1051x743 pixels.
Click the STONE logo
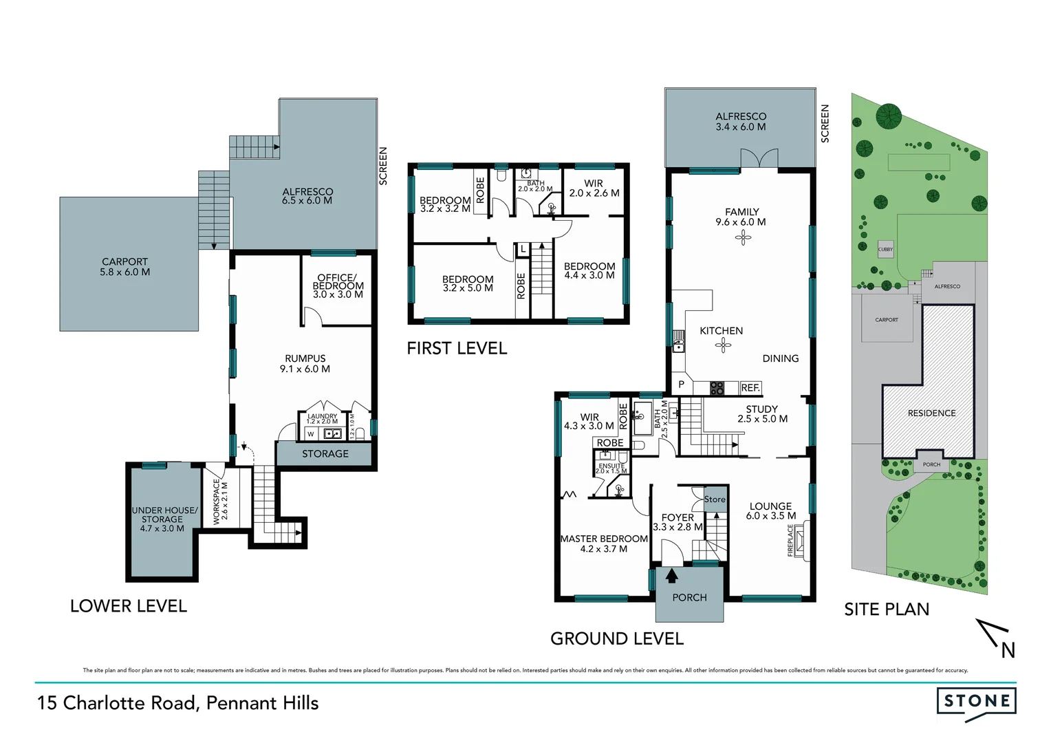(976, 702)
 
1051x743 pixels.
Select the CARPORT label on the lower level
(124, 266)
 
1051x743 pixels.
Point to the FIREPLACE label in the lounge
(790, 540)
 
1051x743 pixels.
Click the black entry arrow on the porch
(671, 575)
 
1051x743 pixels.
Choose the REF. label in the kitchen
(750, 388)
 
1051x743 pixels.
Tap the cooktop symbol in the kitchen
(717, 388)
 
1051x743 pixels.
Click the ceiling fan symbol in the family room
(742, 238)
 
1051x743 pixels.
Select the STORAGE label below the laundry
(325, 454)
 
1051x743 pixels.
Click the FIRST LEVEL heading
(457, 349)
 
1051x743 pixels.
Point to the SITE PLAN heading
(887, 610)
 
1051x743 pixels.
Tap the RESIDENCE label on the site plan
(931, 413)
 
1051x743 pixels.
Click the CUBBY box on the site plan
(885, 249)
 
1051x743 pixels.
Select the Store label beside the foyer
(715, 499)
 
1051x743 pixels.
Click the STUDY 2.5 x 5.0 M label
(762, 413)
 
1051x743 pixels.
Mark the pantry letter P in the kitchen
(681, 385)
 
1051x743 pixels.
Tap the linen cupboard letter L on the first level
(523, 248)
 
